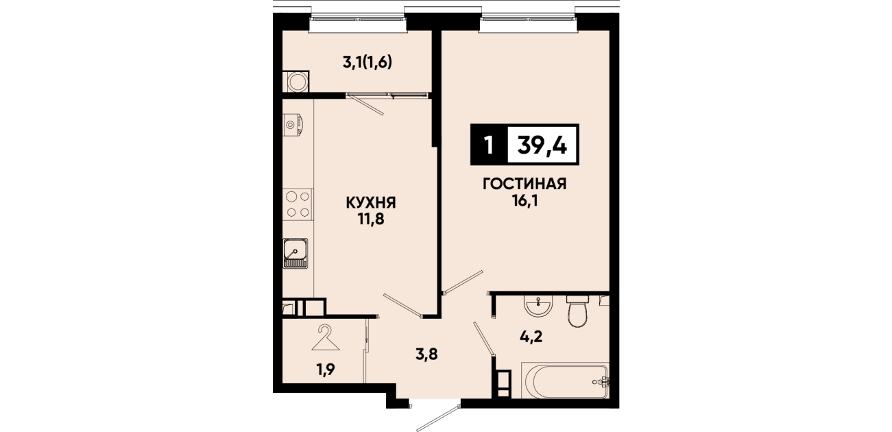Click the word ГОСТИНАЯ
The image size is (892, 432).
pos(525,184)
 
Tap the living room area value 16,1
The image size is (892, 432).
pos(525,202)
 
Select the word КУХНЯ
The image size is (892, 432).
pos(371,203)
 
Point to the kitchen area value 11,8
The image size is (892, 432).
pos(371,219)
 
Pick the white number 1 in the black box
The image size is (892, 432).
pos(489,145)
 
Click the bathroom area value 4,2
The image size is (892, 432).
pos(531,337)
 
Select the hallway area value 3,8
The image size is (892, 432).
pos(426,354)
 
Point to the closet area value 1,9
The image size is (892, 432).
pos(326,370)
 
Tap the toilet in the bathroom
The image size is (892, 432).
pos(578,311)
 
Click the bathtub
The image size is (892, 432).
pos(566,381)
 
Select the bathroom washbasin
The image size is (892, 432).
pos(538,307)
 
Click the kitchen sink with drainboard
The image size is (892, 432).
pos(295,253)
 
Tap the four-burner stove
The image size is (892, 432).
pos(298,204)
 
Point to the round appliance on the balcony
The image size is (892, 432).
pos(296,82)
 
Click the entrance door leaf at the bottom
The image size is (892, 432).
pos(438,418)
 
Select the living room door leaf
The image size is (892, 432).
pos(463,282)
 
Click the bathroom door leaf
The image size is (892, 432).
pos(484,338)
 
